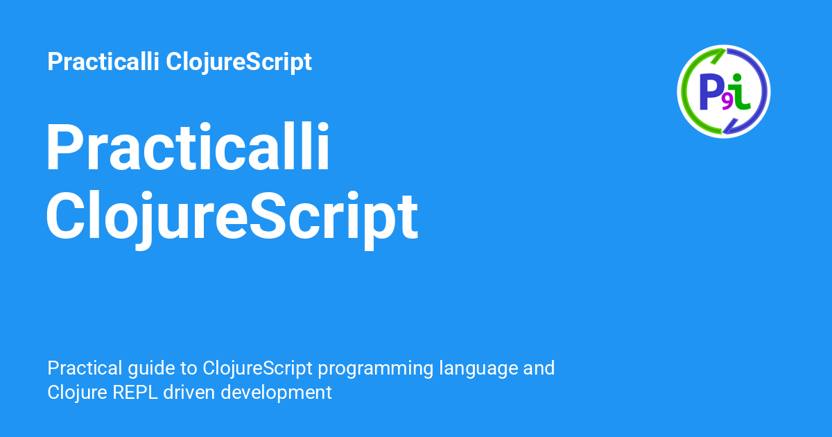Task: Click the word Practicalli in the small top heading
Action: point(103,61)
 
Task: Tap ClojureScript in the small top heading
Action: point(239,62)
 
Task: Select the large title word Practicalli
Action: point(188,146)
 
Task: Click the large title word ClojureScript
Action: point(232,216)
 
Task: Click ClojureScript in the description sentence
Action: point(257,369)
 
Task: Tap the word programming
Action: point(376,369)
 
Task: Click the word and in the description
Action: point(539,368)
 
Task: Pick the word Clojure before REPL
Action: point(77,393)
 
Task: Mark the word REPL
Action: point(135,393)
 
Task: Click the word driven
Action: point(189,392)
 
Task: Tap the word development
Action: point(277,393)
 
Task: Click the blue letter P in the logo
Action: point(710,92)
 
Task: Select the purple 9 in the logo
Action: point(727,103)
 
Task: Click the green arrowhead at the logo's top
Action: point(717,55)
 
